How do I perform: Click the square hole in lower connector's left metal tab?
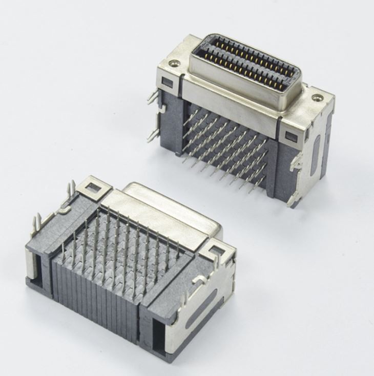[x=94, y=186]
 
